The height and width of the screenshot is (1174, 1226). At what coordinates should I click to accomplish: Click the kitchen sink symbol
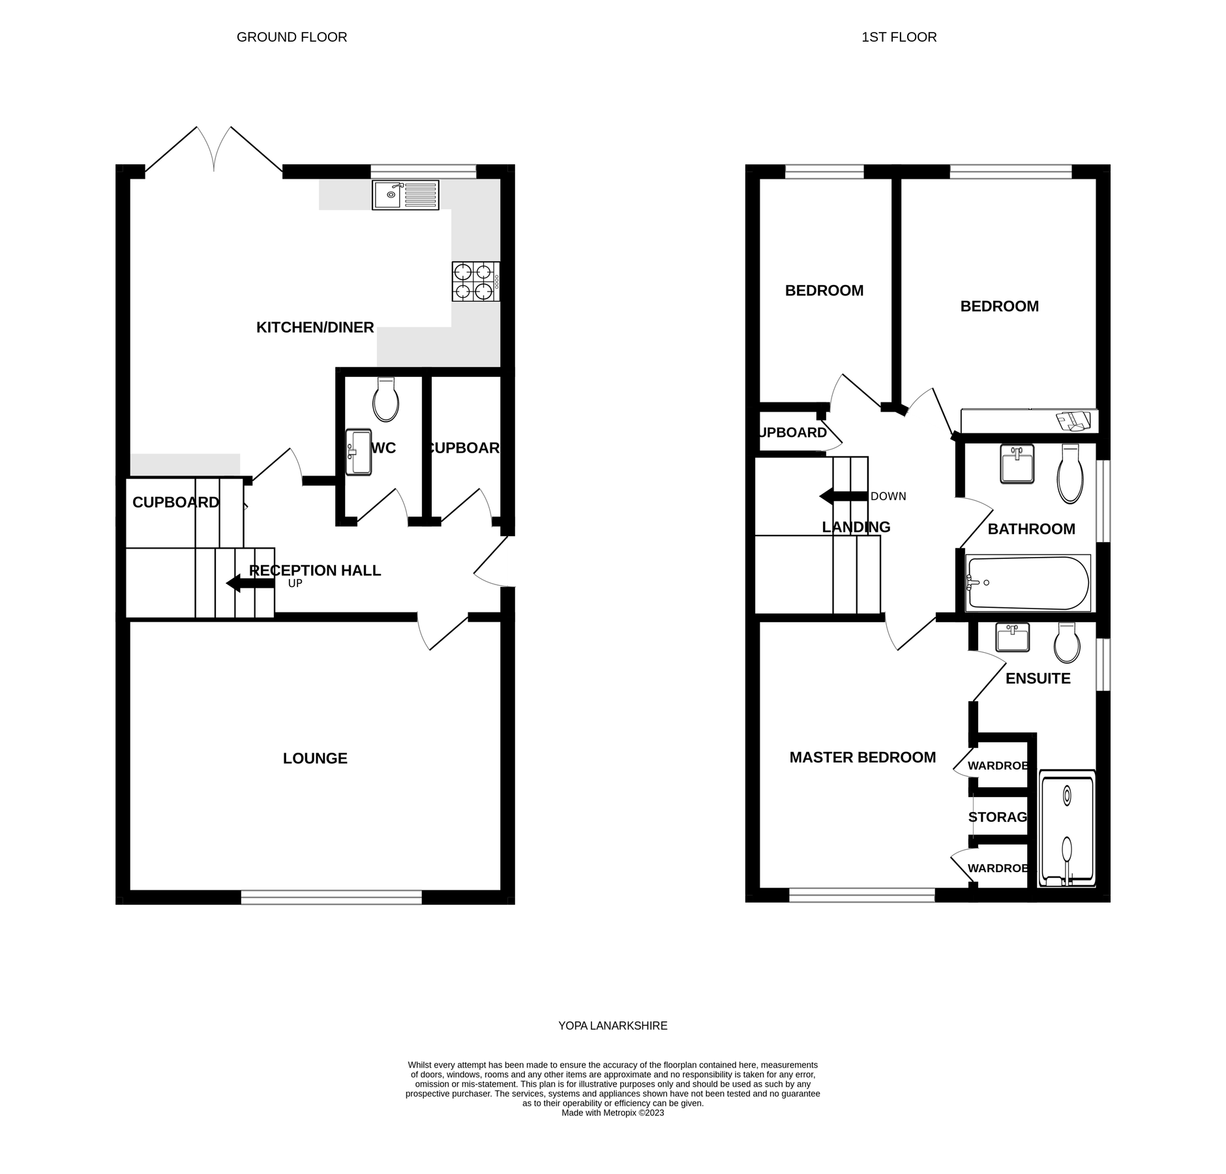pos(405,195)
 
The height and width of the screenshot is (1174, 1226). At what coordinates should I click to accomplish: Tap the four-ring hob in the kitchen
pos(475,281)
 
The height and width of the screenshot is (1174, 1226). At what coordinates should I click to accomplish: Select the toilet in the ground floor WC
pos(385,400)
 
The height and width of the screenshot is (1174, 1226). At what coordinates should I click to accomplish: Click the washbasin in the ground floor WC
pos(358,452)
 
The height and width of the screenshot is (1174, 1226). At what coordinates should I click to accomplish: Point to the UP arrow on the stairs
pos(250,583)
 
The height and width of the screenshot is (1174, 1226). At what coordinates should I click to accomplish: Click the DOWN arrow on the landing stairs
pos(843,496)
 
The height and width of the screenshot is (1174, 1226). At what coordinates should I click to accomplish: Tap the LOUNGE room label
pos(315,758)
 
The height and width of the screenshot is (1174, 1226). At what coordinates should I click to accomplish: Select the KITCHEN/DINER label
pos(315,327)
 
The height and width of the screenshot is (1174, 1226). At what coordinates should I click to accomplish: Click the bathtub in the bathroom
pos(1027,582)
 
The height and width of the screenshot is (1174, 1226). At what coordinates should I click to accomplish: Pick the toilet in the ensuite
pos(1067,643)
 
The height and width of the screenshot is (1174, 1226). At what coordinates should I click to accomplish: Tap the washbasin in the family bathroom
pos(1017,464)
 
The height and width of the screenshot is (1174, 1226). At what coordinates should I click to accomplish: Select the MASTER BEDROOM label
pos(862,757)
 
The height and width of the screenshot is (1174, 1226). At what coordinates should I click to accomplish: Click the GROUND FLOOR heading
pos(292,37)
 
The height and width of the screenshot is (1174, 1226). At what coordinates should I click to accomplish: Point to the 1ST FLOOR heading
pos(899,37)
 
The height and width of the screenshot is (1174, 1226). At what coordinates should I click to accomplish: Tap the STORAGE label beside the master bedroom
pos(997,817)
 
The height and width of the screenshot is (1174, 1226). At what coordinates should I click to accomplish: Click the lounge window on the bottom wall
pos(331,897)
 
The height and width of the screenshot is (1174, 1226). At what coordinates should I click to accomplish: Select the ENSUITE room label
pos(1038,678)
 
